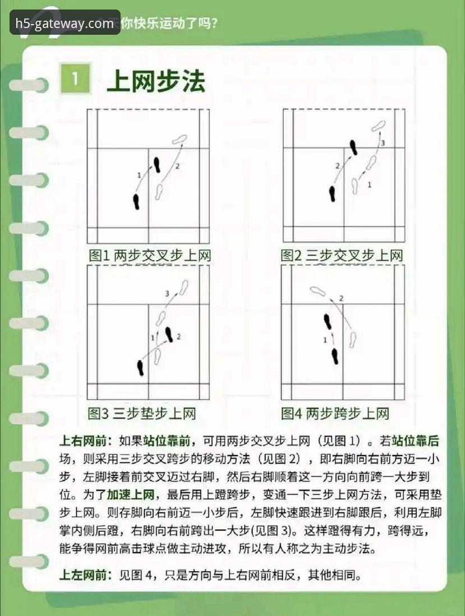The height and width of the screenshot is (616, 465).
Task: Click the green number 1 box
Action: [x=75, y=80]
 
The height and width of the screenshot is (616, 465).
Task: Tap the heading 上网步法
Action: [x=156, y=81]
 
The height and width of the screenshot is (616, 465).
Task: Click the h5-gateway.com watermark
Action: [x=65, y=23]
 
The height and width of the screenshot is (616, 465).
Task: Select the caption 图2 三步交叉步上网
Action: [x=342, y=256]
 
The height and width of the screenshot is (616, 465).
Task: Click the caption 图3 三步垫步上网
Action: [x=142, y=414]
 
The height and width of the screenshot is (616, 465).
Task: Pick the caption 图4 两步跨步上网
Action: [x=335, y=414]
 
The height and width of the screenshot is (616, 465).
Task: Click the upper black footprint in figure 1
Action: [x=158, y=164]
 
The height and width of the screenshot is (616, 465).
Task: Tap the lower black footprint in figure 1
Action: [x=136, y=202]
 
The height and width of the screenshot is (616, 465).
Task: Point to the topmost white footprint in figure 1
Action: [x=181, y=138]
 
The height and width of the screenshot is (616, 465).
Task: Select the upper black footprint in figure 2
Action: [x=353, y=147]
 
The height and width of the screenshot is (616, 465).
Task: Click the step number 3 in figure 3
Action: [x=167, y=294]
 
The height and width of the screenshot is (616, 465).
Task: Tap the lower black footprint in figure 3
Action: [x=140, y=368]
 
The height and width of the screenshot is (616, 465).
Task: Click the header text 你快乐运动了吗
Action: [x=169, y=24]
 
